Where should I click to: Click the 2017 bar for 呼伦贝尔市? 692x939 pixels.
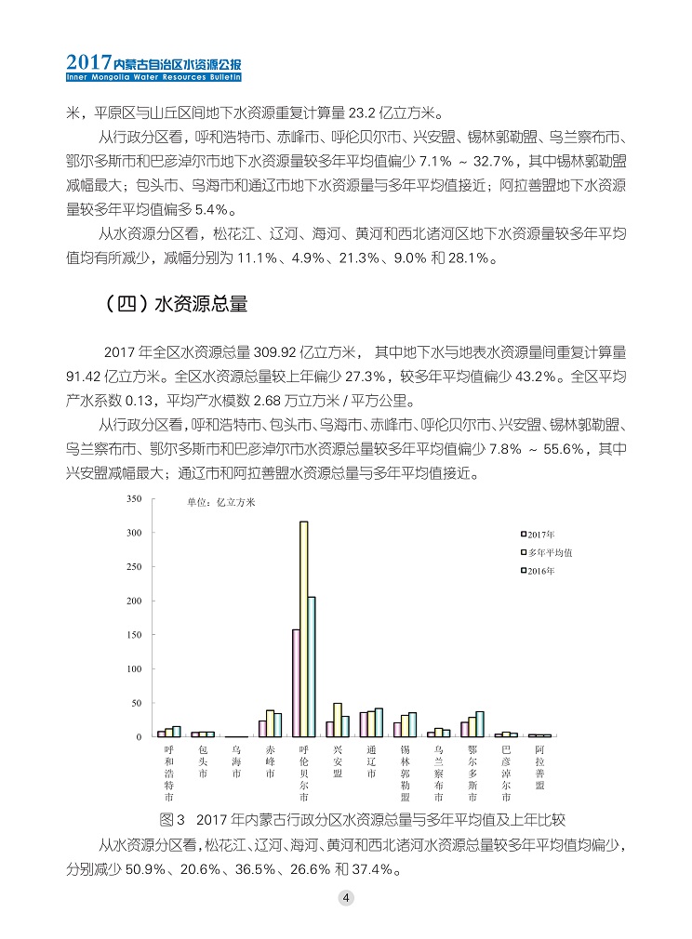click(x=296, y=683)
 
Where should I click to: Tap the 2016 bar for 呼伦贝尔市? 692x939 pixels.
click(x=312, y=667)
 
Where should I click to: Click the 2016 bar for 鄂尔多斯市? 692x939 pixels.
click(x=480, y=724)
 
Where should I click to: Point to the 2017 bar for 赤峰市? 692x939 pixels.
click(x=262, y=729)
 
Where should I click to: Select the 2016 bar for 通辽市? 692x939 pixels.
click(x=379, y=722)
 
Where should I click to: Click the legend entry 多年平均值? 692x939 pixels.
click(x=549, y=552)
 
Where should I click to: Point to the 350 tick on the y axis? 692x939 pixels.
click(x=134, y=499)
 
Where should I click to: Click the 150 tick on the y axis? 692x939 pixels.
click(x=134, y=635)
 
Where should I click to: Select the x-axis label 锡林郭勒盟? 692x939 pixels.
click(x=405, y=773)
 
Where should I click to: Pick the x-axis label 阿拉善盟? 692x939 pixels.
click(x=539, y=767)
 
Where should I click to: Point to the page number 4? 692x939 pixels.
click(x=345, y=898)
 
